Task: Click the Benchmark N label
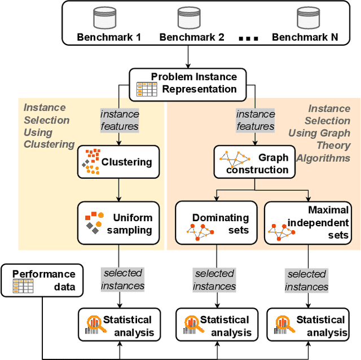(305, 38)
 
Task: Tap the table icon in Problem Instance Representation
(147, 89)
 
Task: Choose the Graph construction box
(254, 163)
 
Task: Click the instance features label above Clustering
(120, 120)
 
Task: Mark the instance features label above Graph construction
(256, 120)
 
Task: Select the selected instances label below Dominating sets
(214, 280)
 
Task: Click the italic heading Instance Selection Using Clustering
(49, 126)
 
